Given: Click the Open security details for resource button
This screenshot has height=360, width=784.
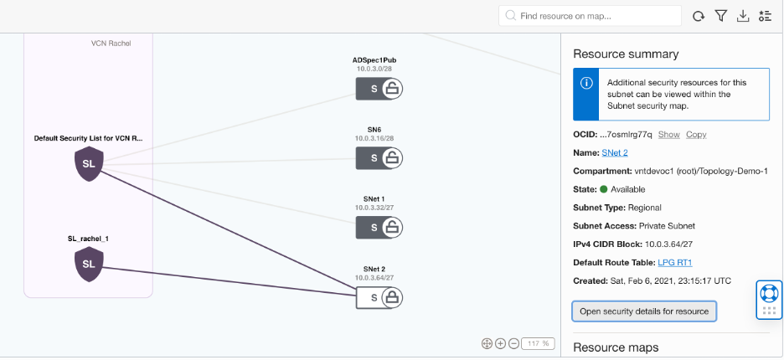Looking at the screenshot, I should point(644,311).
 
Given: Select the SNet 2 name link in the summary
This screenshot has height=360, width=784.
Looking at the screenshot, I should point(615,152).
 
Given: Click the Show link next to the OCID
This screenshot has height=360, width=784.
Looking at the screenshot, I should point(668,134).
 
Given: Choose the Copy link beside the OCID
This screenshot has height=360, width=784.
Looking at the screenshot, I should point(696,134).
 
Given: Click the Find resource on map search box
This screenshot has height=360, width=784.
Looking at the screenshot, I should point(590,16).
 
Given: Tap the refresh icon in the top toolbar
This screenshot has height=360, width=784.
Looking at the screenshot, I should point(699,16).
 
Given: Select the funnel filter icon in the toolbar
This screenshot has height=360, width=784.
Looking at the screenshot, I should point(720,16).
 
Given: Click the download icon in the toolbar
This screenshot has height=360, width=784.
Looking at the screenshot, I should point(742,16).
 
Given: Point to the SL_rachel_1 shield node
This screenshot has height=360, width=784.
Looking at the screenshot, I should point(89,264).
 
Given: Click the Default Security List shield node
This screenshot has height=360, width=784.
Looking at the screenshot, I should point(89,163).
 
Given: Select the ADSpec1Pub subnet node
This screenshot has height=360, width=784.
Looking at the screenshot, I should point(379,88).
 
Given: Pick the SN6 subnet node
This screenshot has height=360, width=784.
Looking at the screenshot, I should point(379,157).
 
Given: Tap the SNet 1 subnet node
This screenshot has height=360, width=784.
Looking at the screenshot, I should point(379,227).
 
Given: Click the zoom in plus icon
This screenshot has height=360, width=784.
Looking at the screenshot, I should point(500,343).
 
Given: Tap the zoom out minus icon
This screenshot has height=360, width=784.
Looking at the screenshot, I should point(513,343).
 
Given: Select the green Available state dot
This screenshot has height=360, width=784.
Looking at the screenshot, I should point(603,189).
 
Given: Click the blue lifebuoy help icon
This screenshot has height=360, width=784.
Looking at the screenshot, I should point(768,293).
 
